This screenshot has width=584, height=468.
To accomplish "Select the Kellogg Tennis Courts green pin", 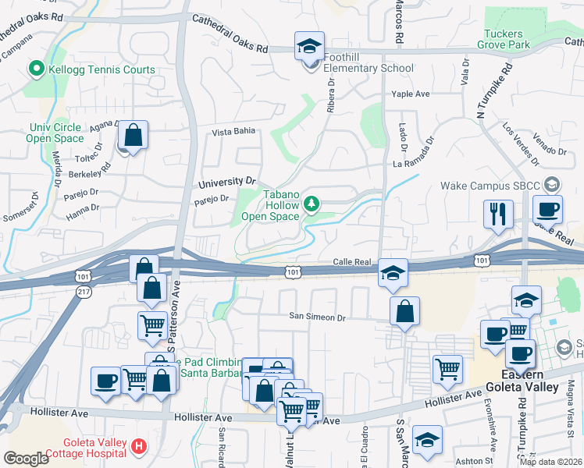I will pos(35,70).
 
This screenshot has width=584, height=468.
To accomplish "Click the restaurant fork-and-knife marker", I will pos(498,213).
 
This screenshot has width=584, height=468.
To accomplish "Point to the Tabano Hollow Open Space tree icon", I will pos(312,204).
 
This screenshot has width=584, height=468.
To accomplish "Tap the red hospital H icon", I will pos(139,447).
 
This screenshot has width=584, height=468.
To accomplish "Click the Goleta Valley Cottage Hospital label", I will pos(84,448).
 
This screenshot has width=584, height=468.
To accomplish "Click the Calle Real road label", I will pos(351,263).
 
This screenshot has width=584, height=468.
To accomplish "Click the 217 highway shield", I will pos(84,291).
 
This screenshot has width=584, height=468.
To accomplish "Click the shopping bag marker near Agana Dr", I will pos(134,136).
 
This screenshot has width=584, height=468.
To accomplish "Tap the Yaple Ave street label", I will pos(411,94).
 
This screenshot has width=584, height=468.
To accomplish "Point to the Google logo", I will pos(26,458).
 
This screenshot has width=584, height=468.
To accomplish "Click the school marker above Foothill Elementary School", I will pos(309,47).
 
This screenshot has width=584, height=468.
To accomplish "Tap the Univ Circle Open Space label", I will pos(55,133).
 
